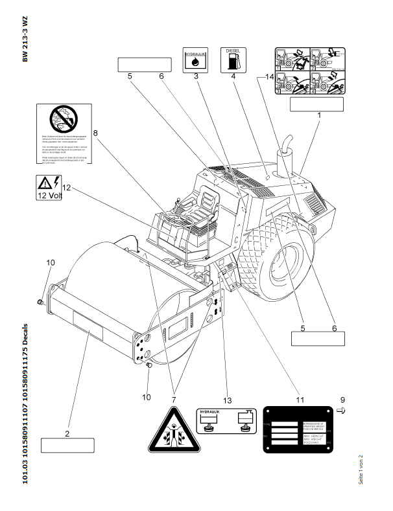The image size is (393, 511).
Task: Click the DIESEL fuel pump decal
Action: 232,59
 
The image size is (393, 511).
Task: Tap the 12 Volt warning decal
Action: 48,188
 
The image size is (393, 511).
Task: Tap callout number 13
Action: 227,400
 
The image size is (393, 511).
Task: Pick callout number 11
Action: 300,400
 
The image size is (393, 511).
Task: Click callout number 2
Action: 67,432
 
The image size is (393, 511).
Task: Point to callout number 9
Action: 343,400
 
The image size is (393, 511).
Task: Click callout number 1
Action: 319,114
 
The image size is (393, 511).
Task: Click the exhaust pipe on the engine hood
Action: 284,153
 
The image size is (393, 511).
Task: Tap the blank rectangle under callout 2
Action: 67,445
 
